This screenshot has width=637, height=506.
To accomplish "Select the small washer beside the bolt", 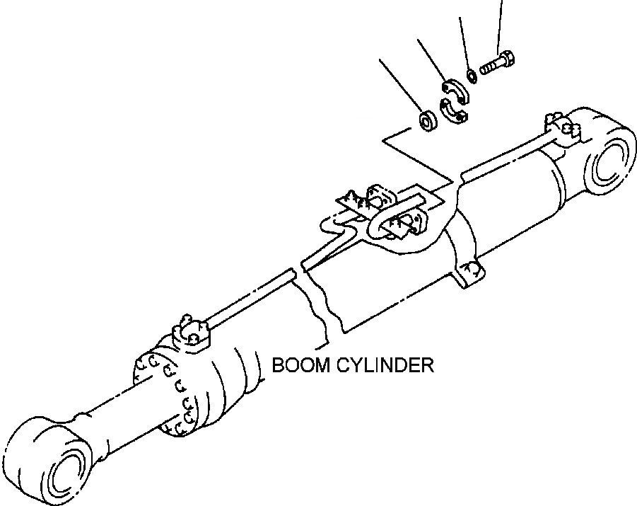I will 472,74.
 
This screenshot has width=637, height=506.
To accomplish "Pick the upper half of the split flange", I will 454,90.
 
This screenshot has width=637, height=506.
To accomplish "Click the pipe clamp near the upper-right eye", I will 563,128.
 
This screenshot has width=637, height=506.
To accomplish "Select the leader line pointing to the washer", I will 464,42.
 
